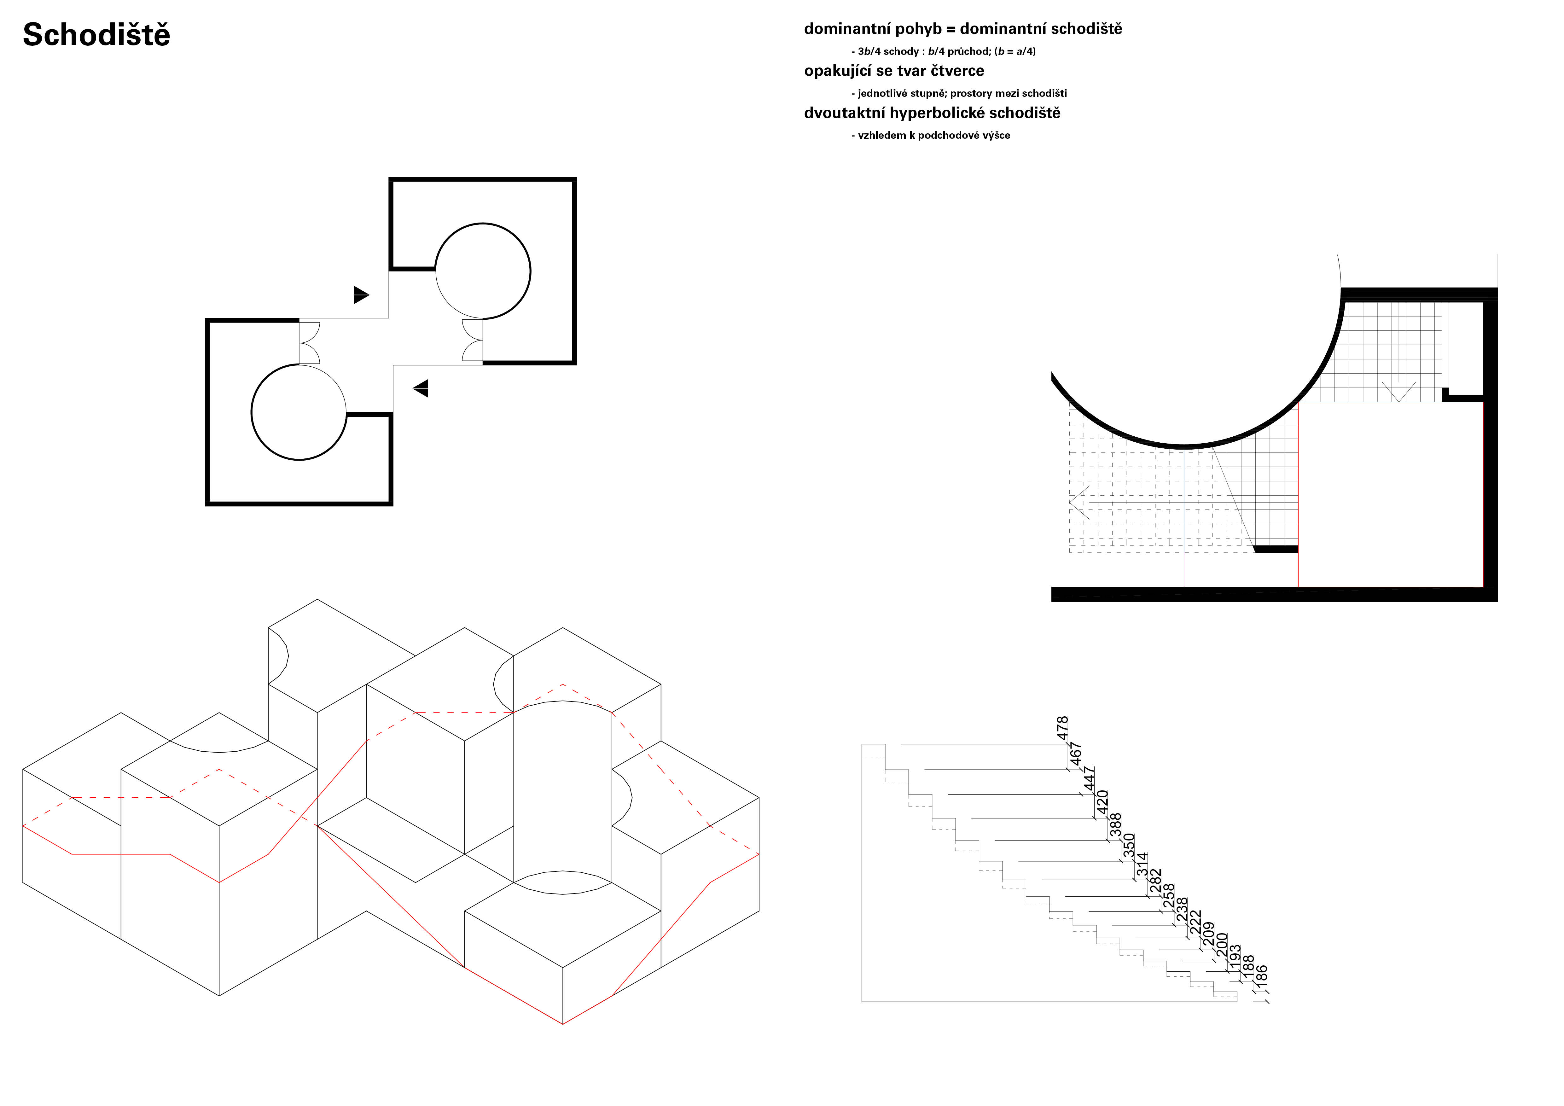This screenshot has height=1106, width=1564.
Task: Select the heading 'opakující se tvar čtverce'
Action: [x=894, y=71]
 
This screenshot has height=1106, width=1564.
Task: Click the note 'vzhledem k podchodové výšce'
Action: [x=934, y=136]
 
